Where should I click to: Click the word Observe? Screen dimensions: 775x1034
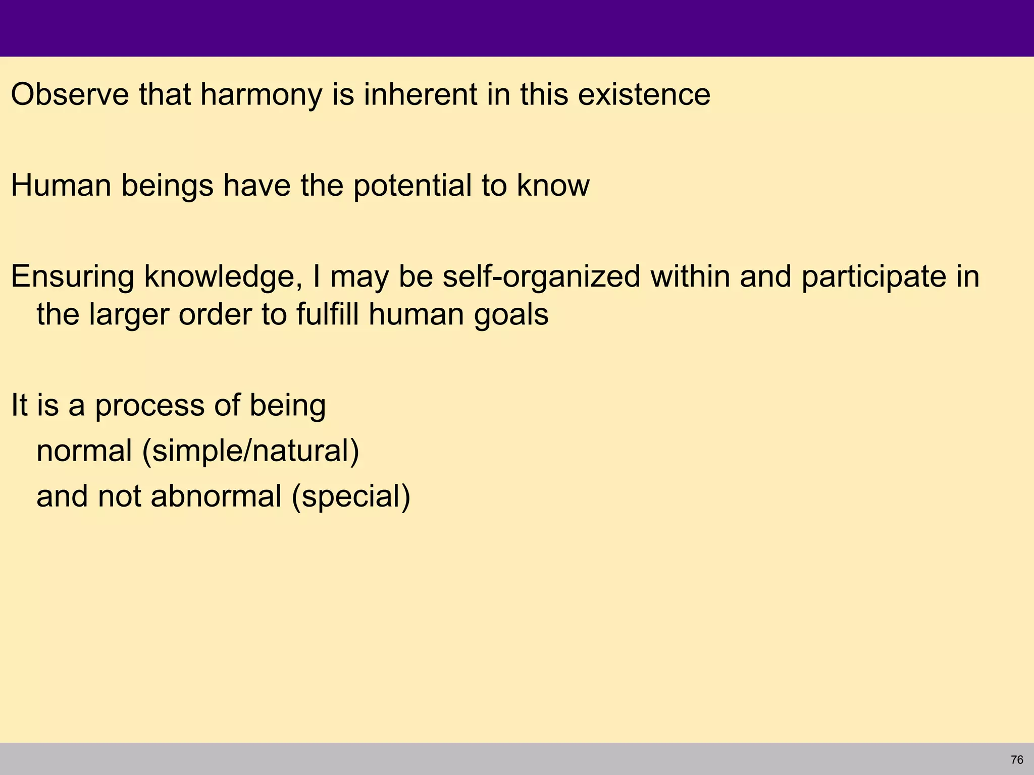[70, 94]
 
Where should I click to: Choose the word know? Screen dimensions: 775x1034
[552, 185]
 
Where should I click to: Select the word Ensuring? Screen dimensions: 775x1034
[72, 276]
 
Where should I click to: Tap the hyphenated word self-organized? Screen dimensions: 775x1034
[542, 276]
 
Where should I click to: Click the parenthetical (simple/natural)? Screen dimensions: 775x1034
[250, 451]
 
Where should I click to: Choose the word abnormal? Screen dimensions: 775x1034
[216, 496]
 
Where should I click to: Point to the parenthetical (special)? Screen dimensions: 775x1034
[351, 496]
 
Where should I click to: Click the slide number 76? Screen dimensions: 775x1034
[1017, 760]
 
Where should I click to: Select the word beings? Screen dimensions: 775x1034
[167, 185]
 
